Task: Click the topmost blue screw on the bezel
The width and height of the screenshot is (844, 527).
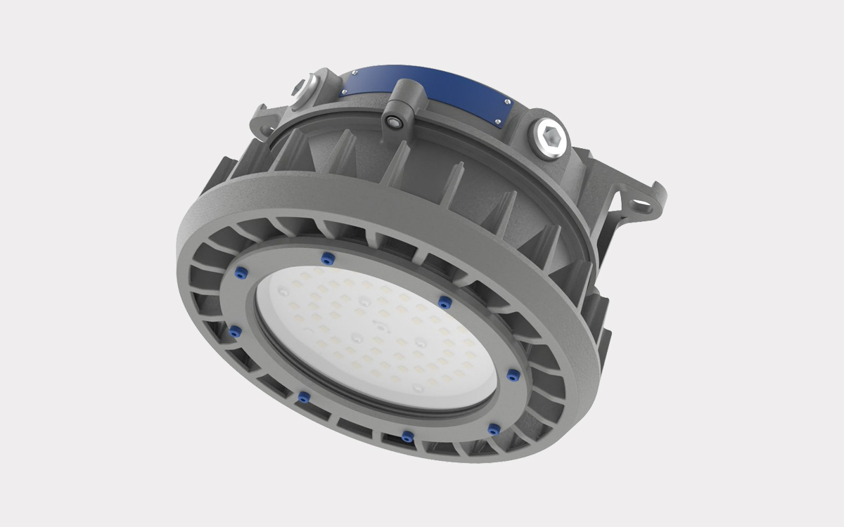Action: click(x=326, y=259)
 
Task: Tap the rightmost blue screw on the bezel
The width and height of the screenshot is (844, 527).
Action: click(x=512, y=375)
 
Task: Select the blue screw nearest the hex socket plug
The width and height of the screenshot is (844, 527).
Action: click(x=445, y=302)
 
